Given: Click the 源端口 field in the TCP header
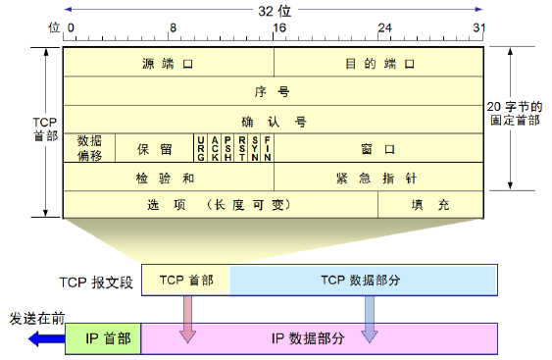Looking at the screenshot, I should [x=168, y=63].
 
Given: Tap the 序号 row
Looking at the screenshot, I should [x=274, y=91].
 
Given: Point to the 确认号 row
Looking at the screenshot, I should [x=274, y=121].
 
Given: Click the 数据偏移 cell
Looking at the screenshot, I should [x=89, y=148].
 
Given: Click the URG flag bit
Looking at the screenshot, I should [x=201, y=149].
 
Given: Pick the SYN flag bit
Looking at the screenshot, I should [x=255, y=149].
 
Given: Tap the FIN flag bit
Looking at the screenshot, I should [x=268, y=149].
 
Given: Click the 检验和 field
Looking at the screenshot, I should [x=168, y=178].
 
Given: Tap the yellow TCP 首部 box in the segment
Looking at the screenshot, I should [x=186, y=280].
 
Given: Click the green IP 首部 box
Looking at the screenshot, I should [x=103, y=338].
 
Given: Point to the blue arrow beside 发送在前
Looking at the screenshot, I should [x=45, y=339].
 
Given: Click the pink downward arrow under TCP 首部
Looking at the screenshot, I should [x=186, y=319].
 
